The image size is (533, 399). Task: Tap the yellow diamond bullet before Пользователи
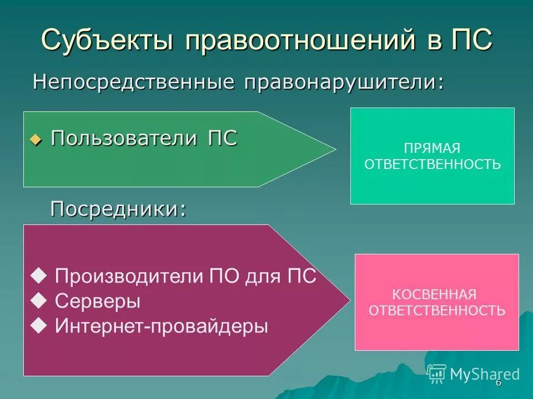click(x=36, y=140)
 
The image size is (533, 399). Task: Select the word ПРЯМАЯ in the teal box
click(x=433, y=149)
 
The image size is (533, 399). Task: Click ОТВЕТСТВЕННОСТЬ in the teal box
click(x=433, y=164)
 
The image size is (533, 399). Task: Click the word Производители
click(x=130, y=276)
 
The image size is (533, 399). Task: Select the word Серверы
click(x=98, y=301)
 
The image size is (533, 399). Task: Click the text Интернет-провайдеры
click(x=162, y=326)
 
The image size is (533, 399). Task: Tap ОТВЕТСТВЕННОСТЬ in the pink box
click(x=437, y=310)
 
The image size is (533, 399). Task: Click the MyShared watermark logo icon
click(x=437, y=374)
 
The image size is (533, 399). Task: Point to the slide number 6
click(x=498, y=383)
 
